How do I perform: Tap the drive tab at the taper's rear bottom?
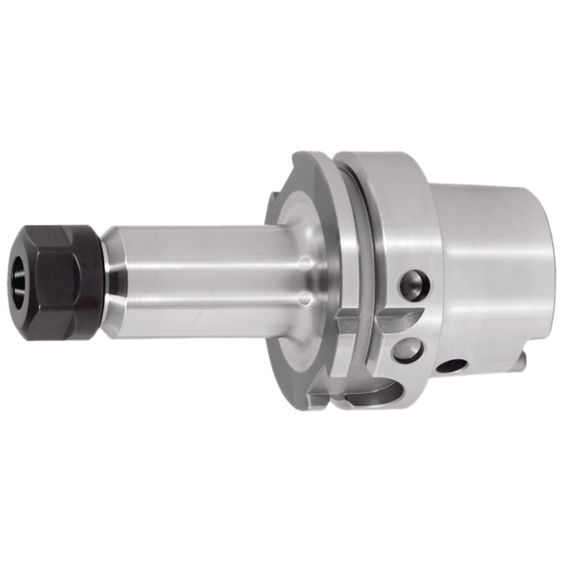pos(522,358)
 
